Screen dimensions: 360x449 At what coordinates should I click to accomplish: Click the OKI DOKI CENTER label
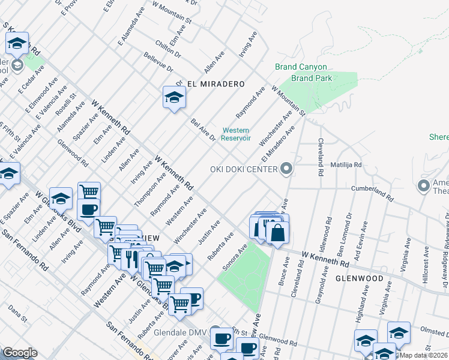[244, 169]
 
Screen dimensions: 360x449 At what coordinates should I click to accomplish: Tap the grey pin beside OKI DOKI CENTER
[286, 169]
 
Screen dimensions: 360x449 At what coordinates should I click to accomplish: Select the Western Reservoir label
[236, 134]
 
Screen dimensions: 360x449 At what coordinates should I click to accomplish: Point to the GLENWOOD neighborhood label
[359, 278]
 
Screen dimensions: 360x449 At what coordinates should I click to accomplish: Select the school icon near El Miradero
[173, 98]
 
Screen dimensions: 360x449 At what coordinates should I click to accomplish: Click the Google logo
[20, 352]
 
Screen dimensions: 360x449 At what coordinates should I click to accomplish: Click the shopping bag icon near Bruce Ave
[277, 233]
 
